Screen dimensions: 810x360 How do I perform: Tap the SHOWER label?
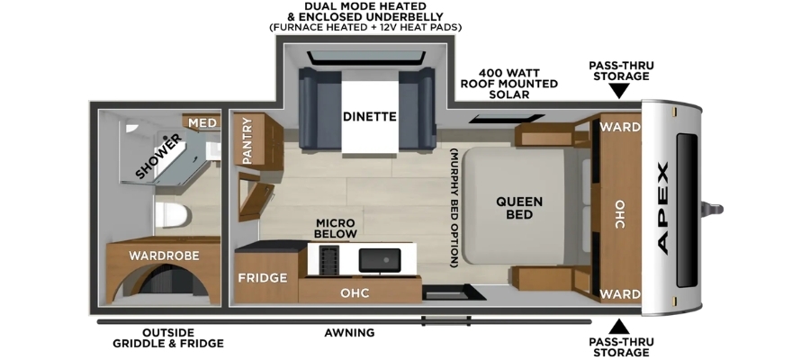(159, 156)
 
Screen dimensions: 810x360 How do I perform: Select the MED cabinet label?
(201, 122)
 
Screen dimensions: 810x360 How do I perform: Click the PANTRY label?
(247, 141)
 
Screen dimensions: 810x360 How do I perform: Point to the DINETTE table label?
(369, 117)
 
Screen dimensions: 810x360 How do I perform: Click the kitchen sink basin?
(380, 260)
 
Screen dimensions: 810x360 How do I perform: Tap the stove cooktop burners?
(328, 260)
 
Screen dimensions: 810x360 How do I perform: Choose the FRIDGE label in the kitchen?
(263, 278)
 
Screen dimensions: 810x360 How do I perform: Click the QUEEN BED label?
(519, 207)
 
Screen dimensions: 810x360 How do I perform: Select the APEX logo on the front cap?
(662, 208)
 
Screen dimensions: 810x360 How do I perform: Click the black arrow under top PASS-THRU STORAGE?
(620, 92)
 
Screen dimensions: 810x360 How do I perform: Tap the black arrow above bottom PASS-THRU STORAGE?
(619, 327)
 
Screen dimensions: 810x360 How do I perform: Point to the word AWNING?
(349, 333)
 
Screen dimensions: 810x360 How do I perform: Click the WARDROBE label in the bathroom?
(164, 256)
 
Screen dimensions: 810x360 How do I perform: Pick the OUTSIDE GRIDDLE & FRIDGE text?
(168, 337)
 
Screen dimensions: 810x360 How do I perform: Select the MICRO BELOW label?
(337, 229)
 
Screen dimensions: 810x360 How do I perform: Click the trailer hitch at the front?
(712, 209)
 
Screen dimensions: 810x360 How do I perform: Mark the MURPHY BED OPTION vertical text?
(454, 208)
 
